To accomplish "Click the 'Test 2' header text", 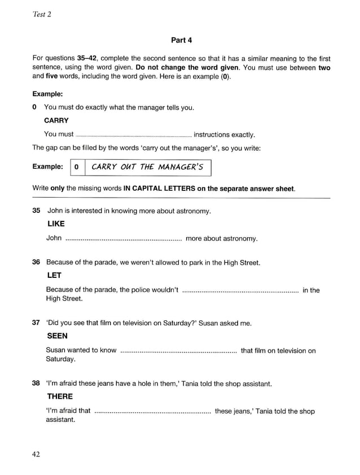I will coord(42,15).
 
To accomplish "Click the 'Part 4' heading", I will coord(181,40).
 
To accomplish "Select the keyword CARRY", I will coord(56,120).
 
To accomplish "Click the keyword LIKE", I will coord(55,224).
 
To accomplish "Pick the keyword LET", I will coord(54,276).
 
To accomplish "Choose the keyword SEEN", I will coord(57,336).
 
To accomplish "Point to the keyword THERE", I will coord(60,396).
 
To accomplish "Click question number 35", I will coord(37,211).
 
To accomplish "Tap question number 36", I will coord(37,263).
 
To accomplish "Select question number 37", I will coord(37,323).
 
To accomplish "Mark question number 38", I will coord(37,384).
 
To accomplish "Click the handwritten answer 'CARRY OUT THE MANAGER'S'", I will coord(147,167).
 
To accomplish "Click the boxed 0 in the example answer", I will coord(77,167).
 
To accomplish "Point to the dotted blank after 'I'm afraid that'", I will coord(152,411).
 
